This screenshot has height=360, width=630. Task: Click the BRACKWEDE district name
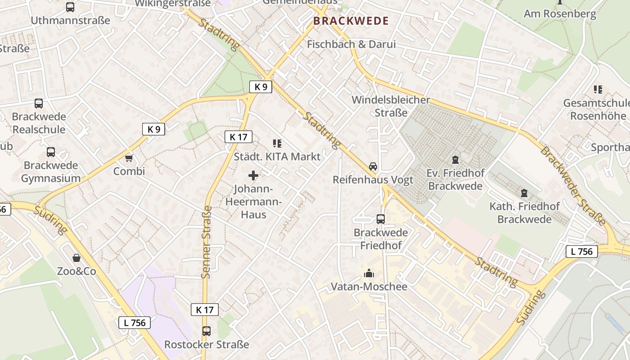[351, 21]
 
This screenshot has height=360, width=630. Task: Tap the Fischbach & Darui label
[351, 44]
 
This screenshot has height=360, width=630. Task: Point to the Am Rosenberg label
[560, 13]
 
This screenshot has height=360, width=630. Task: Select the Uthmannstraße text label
[70, 20]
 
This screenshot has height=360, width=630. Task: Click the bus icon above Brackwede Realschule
[39, 103]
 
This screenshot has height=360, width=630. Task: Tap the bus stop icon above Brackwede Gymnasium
[51, 152]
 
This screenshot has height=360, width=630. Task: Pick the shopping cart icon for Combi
[129, 158]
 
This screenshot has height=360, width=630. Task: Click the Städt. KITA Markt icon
[277, 144]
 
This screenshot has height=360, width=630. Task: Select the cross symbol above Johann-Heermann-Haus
[253, 175]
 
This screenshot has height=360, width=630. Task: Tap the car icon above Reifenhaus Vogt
[373, 166]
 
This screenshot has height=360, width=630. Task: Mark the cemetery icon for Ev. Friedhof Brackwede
[455, 160]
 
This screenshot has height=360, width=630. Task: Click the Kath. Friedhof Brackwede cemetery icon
[524, 193]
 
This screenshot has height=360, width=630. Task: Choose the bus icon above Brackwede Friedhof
[381, 219]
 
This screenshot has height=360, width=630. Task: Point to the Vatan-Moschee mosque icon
[369, 273]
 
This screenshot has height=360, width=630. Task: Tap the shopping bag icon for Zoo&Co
[76, 258]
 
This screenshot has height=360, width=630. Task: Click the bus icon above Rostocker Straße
[207, 331]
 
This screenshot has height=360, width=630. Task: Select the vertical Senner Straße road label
[207, 242]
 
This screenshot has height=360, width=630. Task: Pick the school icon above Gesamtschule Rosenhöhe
[598, 90]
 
